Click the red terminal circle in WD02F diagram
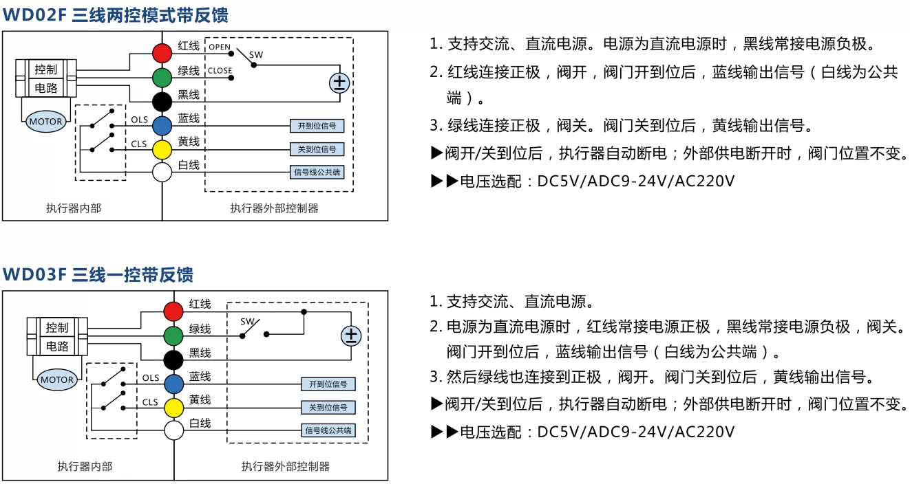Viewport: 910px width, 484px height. tap(162, 53)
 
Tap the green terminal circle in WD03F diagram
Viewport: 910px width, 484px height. tap(173, 335)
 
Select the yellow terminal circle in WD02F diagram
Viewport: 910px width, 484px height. tap(162, 150)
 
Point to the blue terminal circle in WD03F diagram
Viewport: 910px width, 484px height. tap(174, 384)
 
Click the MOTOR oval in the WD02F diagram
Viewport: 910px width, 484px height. tap(46, 122)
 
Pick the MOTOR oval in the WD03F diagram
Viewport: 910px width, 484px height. tap(57, 379)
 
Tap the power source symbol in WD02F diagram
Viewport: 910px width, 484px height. tap(339, 83)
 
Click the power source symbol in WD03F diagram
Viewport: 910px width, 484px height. tap(351, 336)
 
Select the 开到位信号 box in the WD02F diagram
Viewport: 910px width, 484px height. tap(317, 126)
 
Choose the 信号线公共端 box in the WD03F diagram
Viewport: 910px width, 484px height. tap(328, 430)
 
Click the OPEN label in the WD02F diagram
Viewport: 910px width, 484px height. tap(220, 47)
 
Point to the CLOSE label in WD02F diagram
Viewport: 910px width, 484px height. tap(220, 71)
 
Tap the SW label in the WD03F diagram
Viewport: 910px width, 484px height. tap(247, 322)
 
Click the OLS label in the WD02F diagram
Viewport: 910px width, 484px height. tap(139, 120)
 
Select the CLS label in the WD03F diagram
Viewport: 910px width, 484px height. tap(150, 402)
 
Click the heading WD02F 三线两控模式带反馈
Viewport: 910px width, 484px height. tap(116, 15)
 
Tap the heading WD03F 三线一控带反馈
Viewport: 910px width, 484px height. tap(98, 275)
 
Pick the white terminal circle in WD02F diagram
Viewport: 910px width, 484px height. tap(162, 173)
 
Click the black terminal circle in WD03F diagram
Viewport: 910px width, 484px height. tap(173, 360)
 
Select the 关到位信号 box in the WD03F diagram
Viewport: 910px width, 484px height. tap(328, 407)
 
